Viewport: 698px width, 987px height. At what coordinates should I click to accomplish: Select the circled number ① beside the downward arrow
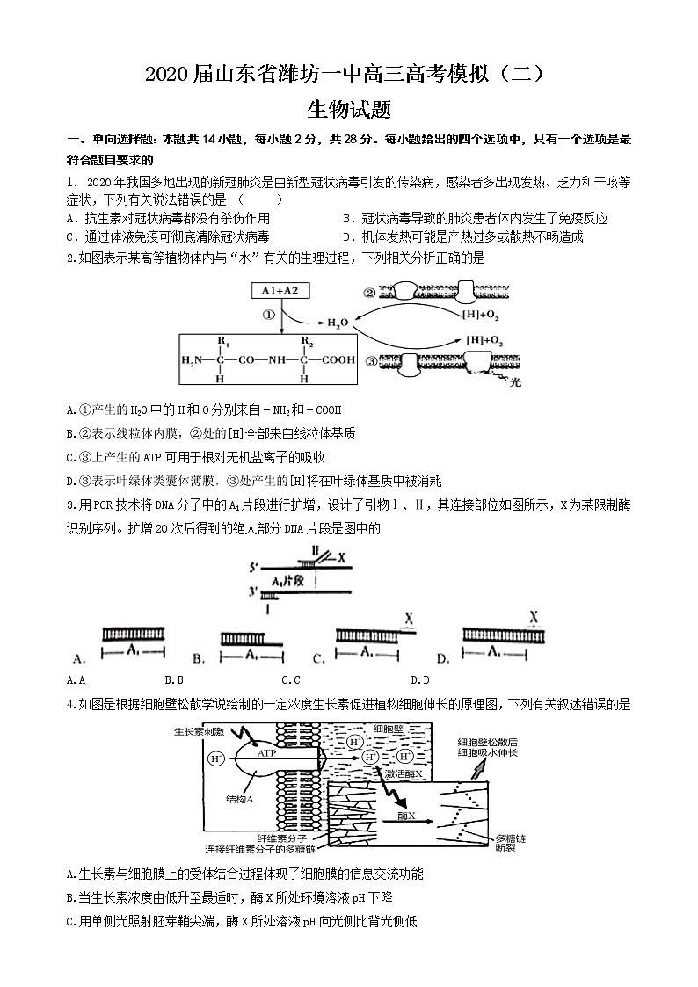click(269, 315)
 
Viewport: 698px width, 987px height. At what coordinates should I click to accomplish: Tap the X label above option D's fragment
click(534, 617)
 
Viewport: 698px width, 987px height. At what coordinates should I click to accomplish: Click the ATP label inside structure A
click(268, 754)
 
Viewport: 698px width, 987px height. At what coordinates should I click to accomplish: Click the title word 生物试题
click(349, 110)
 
